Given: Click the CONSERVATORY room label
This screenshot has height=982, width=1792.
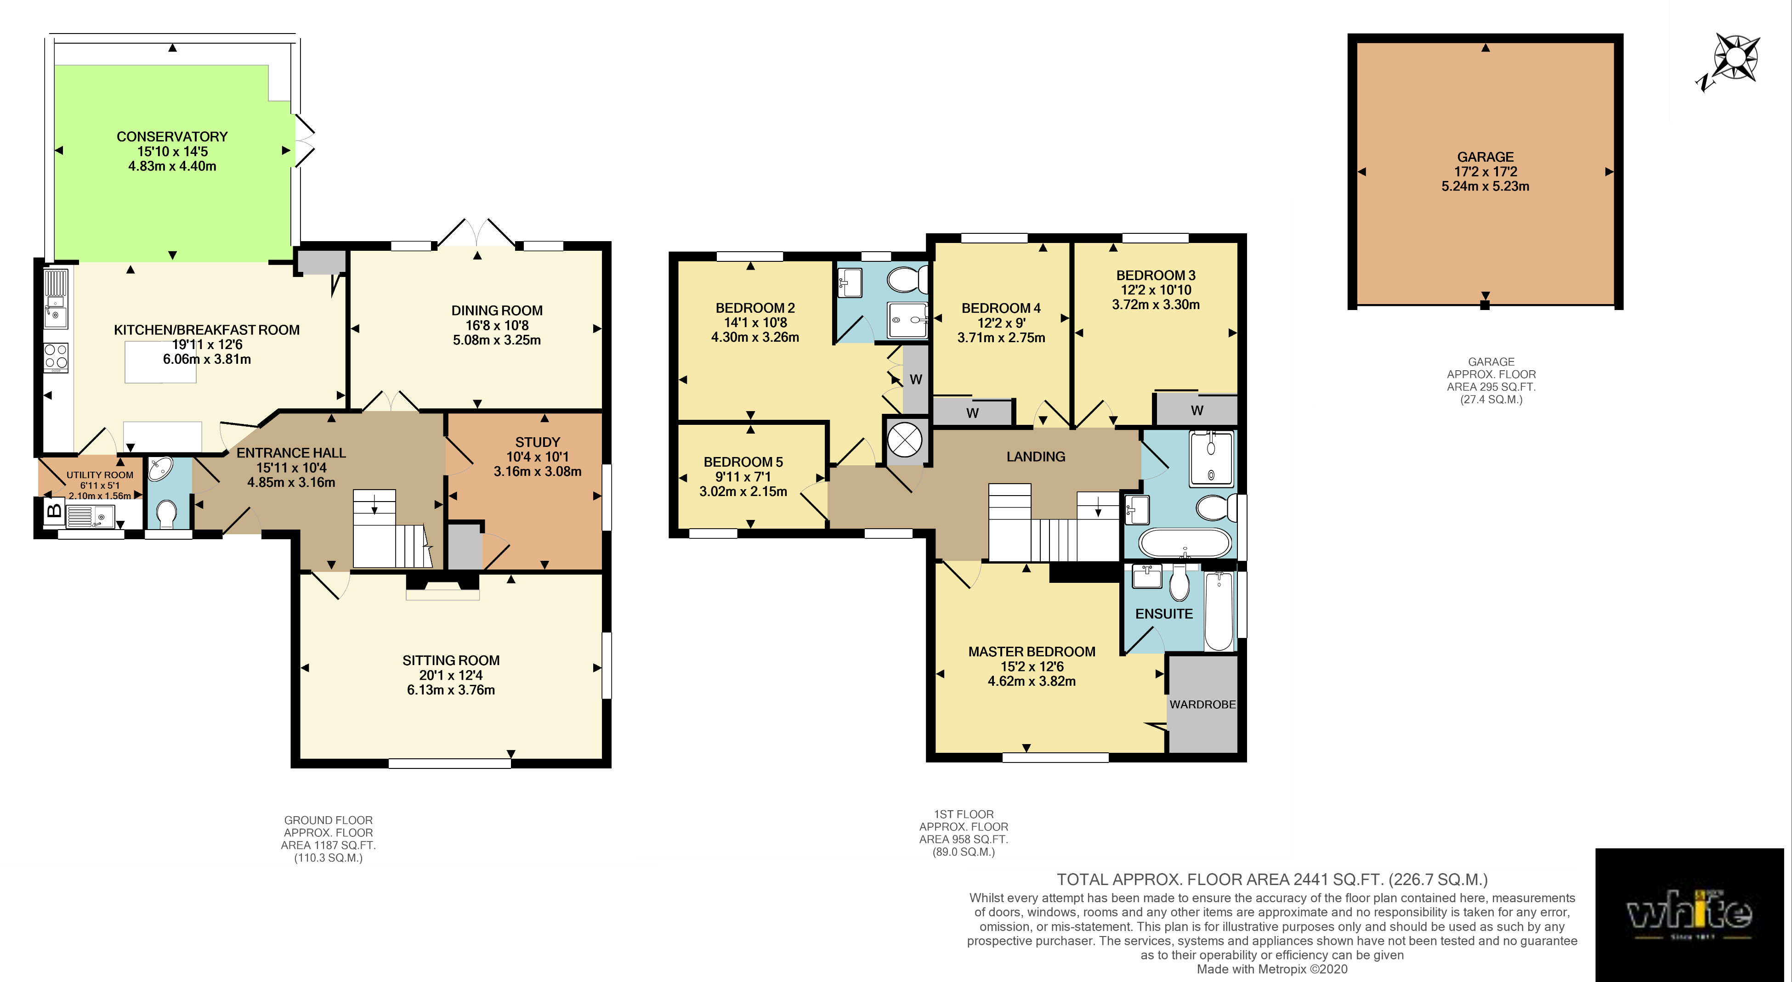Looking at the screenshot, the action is [x=172, y=136].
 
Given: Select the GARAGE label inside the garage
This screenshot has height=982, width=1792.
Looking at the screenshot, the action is [x=1485, y=157].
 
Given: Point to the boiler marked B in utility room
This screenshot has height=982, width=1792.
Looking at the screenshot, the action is [x=54, y=511].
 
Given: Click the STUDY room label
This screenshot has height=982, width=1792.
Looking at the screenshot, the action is [x=537, y=442].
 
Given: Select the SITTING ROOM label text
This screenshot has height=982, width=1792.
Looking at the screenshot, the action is [x=451, y=660].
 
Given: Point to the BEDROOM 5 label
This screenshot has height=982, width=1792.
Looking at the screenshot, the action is [x=743, y=462].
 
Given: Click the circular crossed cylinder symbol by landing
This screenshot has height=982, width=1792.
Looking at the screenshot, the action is [x=905, y=440].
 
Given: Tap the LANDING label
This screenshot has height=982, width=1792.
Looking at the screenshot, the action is [x=1036, y=456].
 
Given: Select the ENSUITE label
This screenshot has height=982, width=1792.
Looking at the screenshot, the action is [x=1164, y=613].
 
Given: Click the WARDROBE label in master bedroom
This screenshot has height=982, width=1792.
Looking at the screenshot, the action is [x=1202, y=705].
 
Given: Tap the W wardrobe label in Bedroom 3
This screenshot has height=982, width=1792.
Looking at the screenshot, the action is [x=1197, y=410].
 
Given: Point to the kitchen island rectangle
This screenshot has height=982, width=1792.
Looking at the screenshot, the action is [x=161, y=362].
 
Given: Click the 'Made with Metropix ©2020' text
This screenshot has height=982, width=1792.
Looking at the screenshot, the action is [x=1272, y=969].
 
